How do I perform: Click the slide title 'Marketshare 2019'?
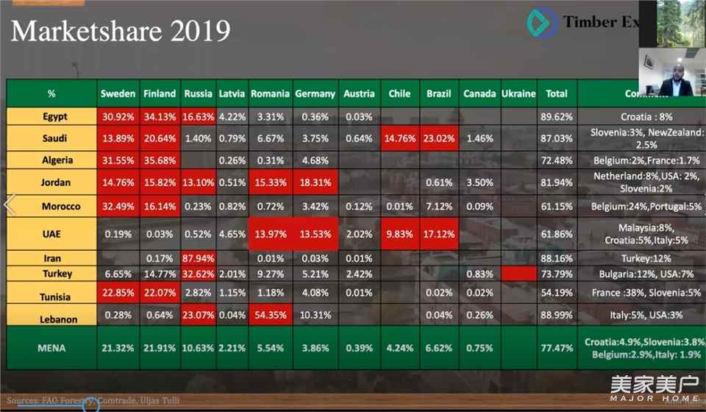click(121, 31)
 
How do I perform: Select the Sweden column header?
click(118, 93)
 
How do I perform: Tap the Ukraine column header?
click(518, 93)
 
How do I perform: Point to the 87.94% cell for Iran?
click(199, 258)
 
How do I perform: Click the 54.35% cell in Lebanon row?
click(270, 316)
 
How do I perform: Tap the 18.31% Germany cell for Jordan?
click(315, 182)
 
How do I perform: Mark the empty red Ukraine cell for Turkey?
click(518, 274)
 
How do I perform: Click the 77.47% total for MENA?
click(557, 347)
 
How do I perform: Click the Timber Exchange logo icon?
click(541, 23)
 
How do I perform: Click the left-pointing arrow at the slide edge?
click(10, 205)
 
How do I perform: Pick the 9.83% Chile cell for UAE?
click(399, 234)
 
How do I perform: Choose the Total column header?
click(557, 93)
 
